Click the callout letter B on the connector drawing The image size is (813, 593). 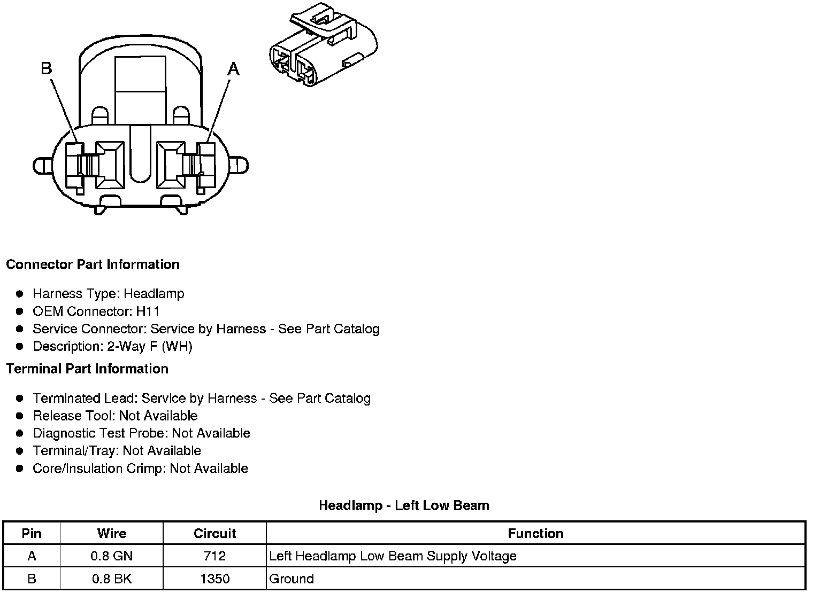(47, 68)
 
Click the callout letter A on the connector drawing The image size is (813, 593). (234, 69)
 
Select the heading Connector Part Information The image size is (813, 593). (93, 264)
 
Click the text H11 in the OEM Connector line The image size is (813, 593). (148, 311)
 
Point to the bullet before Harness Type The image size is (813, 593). (20, 294)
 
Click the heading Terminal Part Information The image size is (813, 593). (87, 369)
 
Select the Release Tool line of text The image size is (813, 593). (115, 416)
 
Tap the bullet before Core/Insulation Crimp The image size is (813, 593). (20, 469)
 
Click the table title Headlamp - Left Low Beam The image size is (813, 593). (404, 505)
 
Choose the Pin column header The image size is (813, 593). (32, 534)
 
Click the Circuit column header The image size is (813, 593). (214, 534)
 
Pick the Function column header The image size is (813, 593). (535, 534)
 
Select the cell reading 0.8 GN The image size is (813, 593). (111, 556)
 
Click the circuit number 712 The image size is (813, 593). (214, 556)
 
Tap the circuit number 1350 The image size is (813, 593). (214, 579)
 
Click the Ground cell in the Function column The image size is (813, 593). (292, 579)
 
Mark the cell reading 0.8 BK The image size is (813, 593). (111, 579)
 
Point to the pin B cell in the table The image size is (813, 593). (32, 579)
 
